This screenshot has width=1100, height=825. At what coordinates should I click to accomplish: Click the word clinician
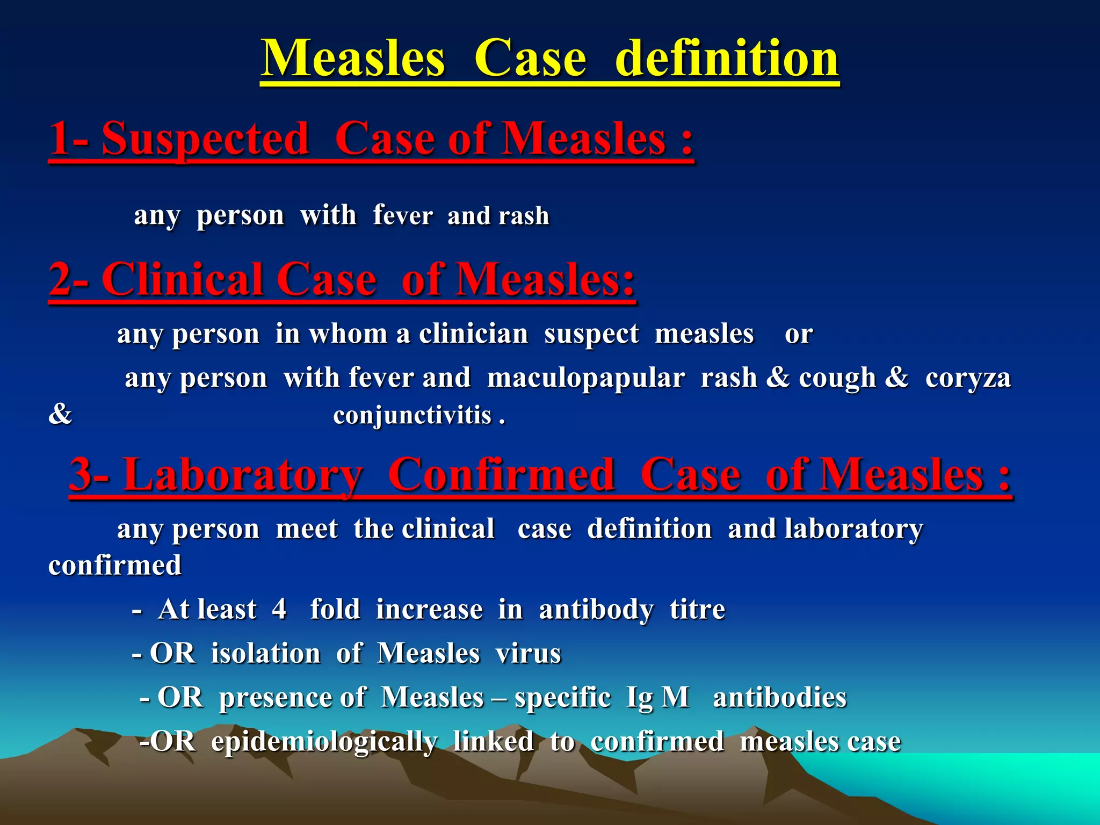[x=473, y=334]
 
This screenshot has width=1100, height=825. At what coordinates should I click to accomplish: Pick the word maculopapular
[x=585, y=378]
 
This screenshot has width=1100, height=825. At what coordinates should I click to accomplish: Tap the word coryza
[x=968, y=378]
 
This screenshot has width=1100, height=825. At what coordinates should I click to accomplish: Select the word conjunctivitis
[x=412, y=416]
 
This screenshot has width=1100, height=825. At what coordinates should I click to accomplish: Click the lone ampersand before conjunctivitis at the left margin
[x=60, y=415]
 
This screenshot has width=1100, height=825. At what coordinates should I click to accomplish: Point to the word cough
[x=837, y=378]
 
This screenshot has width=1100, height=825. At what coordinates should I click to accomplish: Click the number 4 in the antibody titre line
[x=279, y=610]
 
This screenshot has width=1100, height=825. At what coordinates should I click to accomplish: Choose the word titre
[x=697, y=610]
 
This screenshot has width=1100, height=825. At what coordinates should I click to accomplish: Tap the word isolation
[x=265, y=654]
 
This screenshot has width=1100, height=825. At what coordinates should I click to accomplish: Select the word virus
[x=528, y=654]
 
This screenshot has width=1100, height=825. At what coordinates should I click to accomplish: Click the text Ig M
[x=657, y=698]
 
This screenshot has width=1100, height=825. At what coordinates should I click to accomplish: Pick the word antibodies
[x=779, y=698]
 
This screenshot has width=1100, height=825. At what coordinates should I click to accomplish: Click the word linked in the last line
[x=493, y=742]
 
